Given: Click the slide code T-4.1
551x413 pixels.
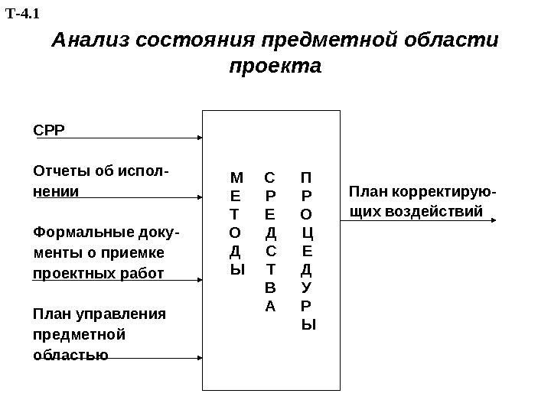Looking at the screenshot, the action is (22, 13).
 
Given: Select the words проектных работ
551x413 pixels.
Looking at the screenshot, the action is (98, 273).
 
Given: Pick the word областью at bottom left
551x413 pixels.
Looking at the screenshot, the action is (70, 355).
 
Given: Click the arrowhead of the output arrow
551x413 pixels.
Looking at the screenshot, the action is (493, 220).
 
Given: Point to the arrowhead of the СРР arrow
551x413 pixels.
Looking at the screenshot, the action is (199, 138).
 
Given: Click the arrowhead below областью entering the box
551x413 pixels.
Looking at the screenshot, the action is (199, 358).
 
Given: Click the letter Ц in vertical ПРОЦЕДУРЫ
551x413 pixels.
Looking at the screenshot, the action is (308, 232).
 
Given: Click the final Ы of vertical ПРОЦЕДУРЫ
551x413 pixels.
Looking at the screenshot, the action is (308, 324).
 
